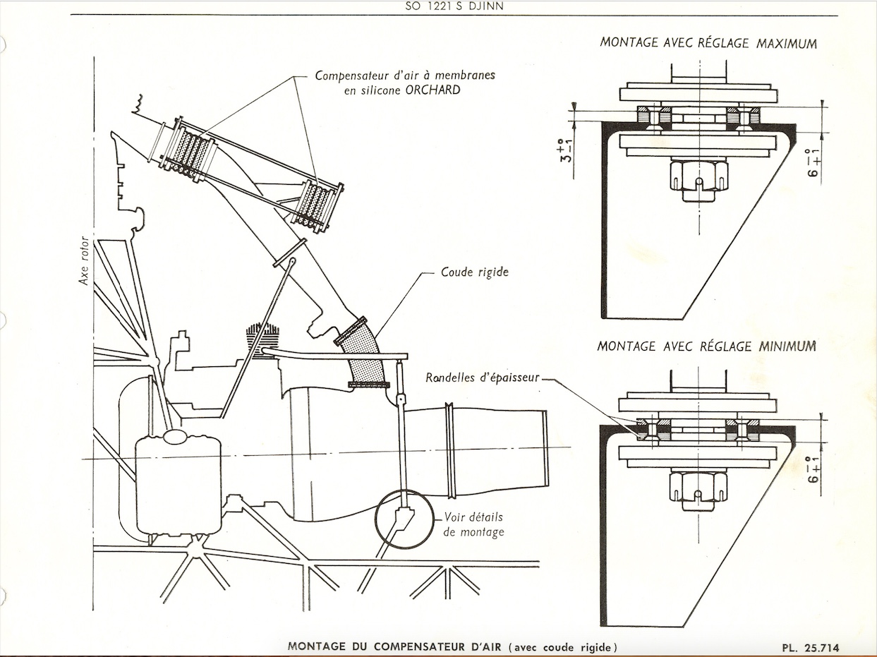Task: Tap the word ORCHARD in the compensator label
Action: click(x=433, y=90)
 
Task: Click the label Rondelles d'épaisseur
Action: click(x=482, y=378)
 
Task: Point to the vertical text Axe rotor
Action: click(x=85, y=260)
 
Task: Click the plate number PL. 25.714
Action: click(x=811, y=647)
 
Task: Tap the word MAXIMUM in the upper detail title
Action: click(x=787, y=43)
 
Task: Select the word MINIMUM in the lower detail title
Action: click(x=787, y=346)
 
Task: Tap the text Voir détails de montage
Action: click(x=474, y=524)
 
